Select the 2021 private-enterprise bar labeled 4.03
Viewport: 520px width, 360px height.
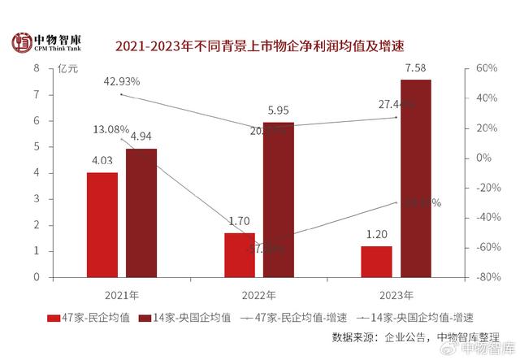(x=102, y=224)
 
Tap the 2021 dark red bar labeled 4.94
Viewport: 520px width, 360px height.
(x=141, y=213)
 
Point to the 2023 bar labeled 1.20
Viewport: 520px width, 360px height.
(x=377, y=261)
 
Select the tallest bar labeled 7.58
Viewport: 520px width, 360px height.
(x=416, y=178)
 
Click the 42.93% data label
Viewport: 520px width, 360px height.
(x=123, y=81)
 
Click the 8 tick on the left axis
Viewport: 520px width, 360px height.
(x=37, y=68)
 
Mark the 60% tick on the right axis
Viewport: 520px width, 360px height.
(x=485, y=68)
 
